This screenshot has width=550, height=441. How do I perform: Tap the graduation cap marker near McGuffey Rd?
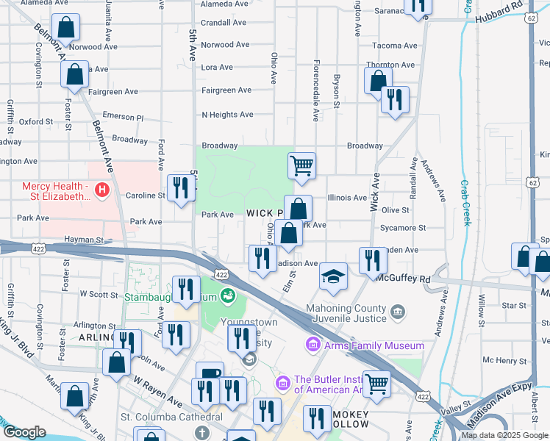333,277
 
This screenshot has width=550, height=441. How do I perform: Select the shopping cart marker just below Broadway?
301,165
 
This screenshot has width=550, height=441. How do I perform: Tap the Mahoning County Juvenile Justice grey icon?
398,312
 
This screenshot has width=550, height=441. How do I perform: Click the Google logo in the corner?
24,431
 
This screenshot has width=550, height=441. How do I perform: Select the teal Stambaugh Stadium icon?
228,296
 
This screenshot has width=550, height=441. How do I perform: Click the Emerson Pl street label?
123,117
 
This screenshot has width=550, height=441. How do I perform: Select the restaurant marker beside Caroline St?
180,188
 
